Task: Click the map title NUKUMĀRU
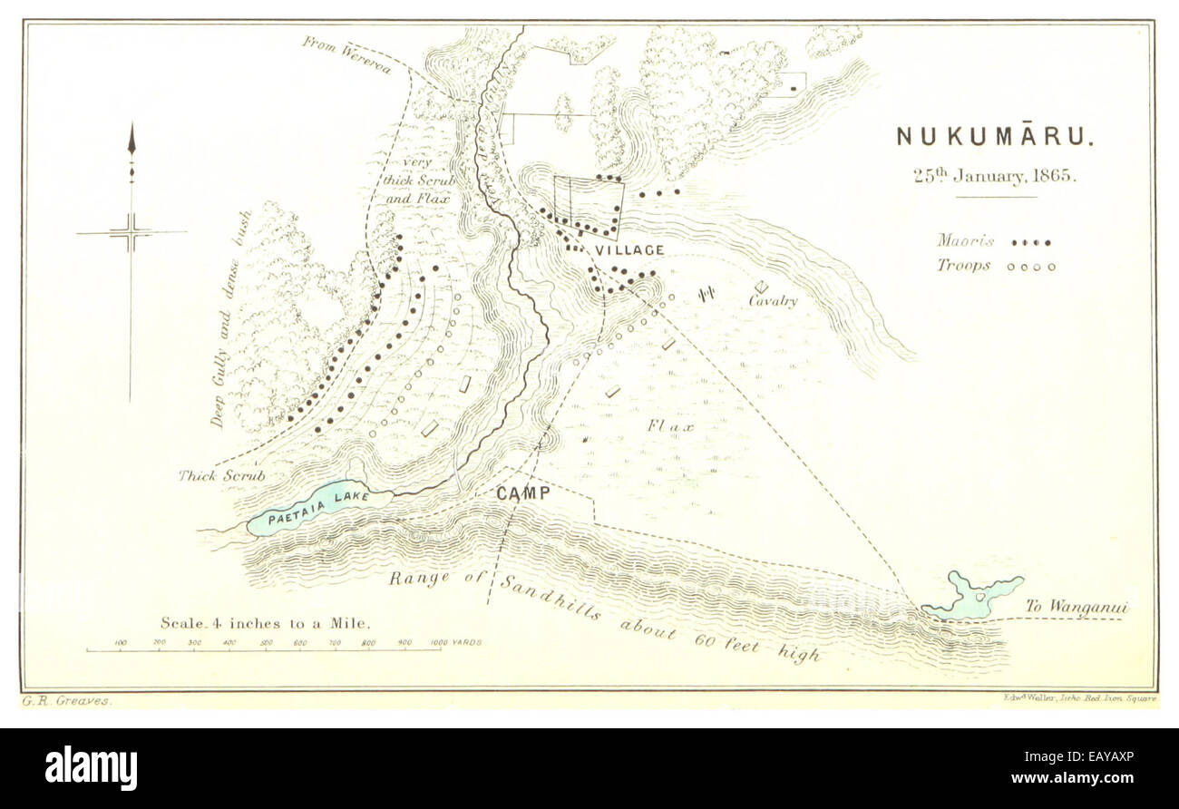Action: (995, 137)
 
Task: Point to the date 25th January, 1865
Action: (995, 176)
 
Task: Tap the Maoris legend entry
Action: (994, 242)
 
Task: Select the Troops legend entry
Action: (995, 267)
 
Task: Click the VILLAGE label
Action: (629, 250)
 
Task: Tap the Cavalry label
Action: (773, 301)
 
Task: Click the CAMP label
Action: (523, 493)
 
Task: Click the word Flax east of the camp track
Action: (671, 425)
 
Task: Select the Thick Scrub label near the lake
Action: (221, 475)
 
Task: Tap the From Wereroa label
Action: (346, 54)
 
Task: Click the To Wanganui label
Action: (1077, 607)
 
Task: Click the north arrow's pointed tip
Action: (132, 127)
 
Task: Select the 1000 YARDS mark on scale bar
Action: (456, 642)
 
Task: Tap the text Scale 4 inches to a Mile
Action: (265, 623)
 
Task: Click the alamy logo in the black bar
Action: (91, 767)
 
